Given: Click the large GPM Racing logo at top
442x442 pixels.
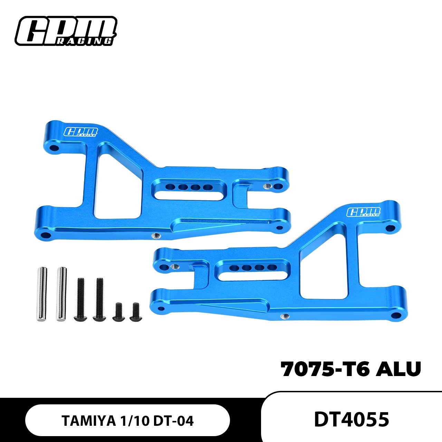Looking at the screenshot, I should pos(66,31).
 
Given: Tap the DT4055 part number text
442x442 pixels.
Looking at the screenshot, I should pos(351,419).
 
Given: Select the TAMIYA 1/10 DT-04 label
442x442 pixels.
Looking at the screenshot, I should pos(127,421).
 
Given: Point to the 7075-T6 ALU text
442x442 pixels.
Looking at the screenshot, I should pos(351,369).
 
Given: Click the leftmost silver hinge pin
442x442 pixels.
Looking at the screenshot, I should pos(42,294).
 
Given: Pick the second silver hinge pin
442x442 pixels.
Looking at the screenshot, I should pos(61,294).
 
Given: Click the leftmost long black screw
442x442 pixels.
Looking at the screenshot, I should pos(80,299).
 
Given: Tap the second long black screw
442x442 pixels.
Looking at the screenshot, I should pos(99,299).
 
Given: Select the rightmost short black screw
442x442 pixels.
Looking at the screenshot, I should pos(135,312).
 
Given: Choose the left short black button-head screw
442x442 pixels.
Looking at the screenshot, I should pos(118,312).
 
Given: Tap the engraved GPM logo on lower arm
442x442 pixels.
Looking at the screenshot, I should pos(363,212).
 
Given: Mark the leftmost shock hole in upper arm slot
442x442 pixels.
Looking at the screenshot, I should pos(170,187).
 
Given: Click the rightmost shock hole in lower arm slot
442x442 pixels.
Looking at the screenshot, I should pos(272,267).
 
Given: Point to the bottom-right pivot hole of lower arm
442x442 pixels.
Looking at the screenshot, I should pos(396,315).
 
